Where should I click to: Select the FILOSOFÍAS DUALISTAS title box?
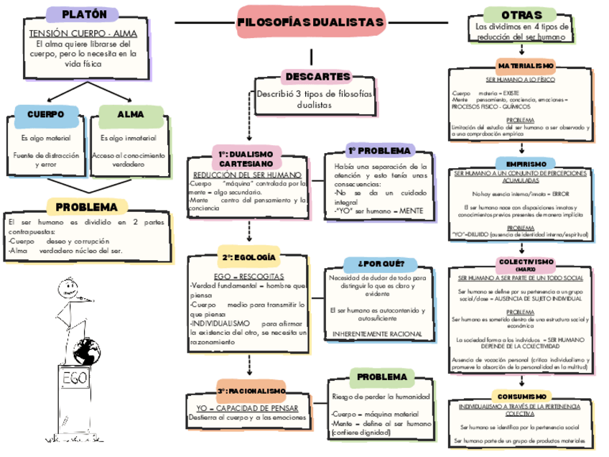pyautogui.click(x=310, y=23)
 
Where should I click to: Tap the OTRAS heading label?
pyautogui.click(x=517, y=15)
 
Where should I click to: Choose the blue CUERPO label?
pyautogui.click(x=45, y=114)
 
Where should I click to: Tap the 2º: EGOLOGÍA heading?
pyautogui.click(x=248, y=257)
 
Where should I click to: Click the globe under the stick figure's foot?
pyautogui.click(x=86, y=352)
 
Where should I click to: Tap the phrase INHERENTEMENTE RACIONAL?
pyautogui.click(x=376, y=334)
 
